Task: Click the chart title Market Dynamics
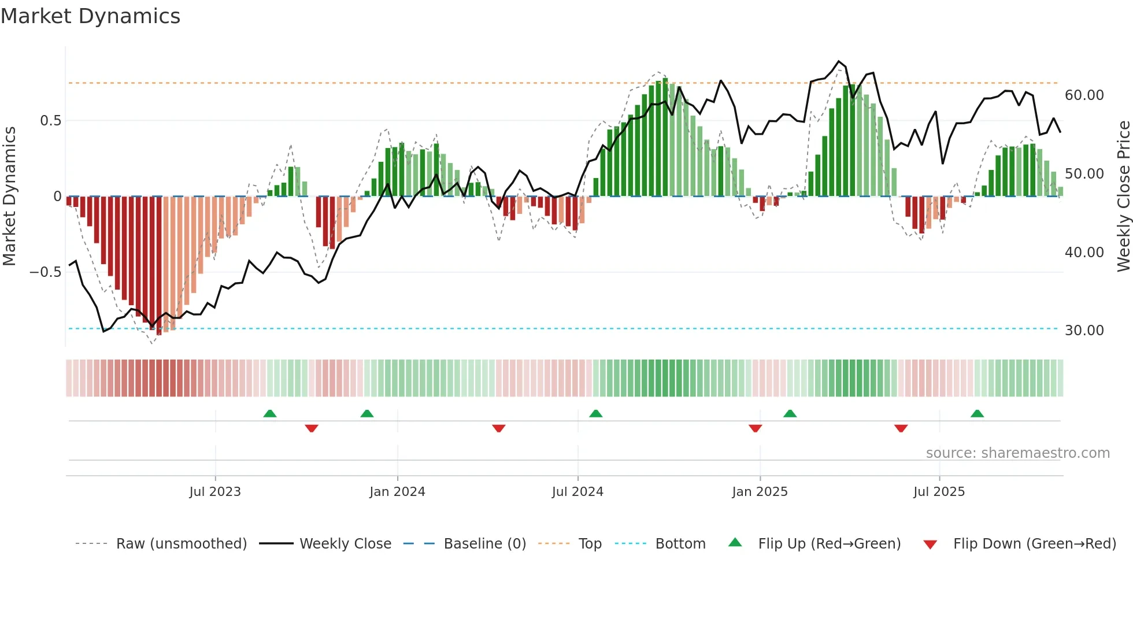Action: (x=90, y=16)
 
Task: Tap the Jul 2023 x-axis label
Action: (x=215, y=492)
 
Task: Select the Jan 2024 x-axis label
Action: (x=397, y=492)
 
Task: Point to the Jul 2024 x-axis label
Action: (x=577, y=492)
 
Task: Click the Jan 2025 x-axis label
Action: (x=760, y=492)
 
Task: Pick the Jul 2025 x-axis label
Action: (x=939, y=492)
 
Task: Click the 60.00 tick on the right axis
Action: (x=1084, y=95)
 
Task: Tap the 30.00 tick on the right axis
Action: (x=1084, y=331)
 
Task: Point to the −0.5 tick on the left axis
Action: (x=45, y=272)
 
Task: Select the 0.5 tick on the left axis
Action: (x=50, y=121)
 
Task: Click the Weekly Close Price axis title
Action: (x=1123, y=196)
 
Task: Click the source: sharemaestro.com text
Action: (x=1017, y=453)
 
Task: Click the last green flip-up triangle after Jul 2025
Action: (x=977, y=414)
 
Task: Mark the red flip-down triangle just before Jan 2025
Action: (x=755, y=428)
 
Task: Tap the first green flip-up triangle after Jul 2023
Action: (x=269, y=414)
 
